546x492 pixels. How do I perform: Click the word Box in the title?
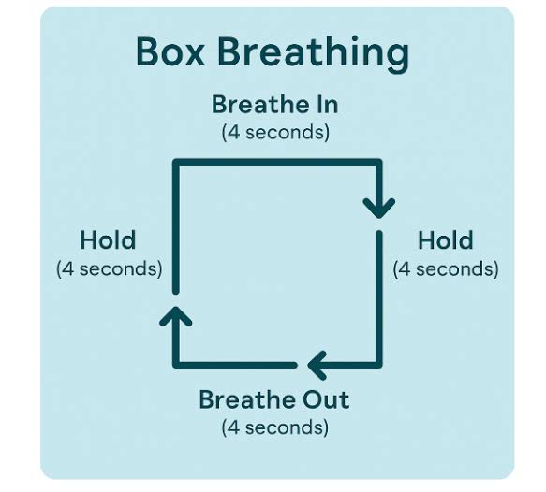click(x=170, y=51)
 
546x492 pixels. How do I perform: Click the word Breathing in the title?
click(x=314, y=54)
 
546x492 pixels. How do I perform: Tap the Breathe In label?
click(x=274, y=105)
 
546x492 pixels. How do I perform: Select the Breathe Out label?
click(x=274, y=399)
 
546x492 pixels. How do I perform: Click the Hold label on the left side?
click(x=108, y=239)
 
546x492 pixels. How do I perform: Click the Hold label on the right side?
click(x=446, y=239)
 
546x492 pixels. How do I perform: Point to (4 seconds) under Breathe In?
click(x=275, y=133)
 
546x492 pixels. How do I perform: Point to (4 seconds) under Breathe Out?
click(x=275, y=427)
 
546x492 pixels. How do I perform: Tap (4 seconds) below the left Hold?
click(x=110, y=268)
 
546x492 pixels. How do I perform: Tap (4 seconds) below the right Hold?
click(x=446, y=268)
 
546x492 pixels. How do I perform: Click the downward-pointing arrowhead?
click(x=379, y=209)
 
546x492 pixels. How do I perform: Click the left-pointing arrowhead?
click(x=317, y=365)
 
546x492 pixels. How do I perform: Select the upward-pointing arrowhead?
click(x=175, y=316)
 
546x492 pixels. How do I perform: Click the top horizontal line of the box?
click(x=277, y=163)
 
